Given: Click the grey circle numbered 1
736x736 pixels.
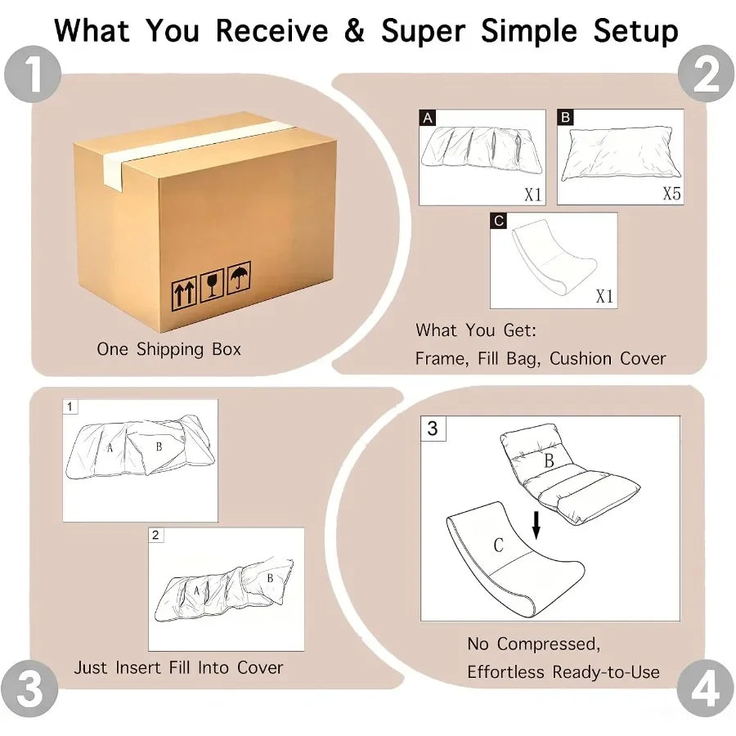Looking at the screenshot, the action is [x=33, y=74].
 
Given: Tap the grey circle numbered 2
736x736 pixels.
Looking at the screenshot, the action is [x=706, y=74].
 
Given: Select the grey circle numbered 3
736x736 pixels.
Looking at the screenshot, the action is [x=29, y=689].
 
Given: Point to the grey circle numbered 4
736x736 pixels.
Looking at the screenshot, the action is [x=705, y=689].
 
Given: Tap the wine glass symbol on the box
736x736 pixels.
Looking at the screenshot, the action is [x=212, y=285].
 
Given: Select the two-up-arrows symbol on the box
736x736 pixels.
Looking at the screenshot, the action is [x=184, y=294].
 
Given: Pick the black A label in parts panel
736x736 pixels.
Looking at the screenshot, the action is [x=428, y=118].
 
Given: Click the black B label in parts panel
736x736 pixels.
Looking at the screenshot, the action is [x=566, y=117].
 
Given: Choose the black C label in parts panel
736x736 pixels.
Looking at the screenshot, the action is [x=499, y=221].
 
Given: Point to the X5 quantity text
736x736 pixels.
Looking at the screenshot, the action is [x=671, y=193].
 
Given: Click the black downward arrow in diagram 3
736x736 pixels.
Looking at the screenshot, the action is [x=536, y=525].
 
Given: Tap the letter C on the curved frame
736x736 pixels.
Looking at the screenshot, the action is [x=499, y=545].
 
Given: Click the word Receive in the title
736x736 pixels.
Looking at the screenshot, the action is [x=272, y=31].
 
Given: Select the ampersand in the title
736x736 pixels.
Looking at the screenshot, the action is [x=354, y=31].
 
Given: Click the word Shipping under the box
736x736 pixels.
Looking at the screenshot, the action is [x=170, y=350].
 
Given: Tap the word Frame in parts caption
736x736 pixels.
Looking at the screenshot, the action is [x=442, y=359].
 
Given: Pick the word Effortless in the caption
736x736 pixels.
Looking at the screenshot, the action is [x=505, y=671].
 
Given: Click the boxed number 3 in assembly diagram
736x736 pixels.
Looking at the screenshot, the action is [x=433, y=429].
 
